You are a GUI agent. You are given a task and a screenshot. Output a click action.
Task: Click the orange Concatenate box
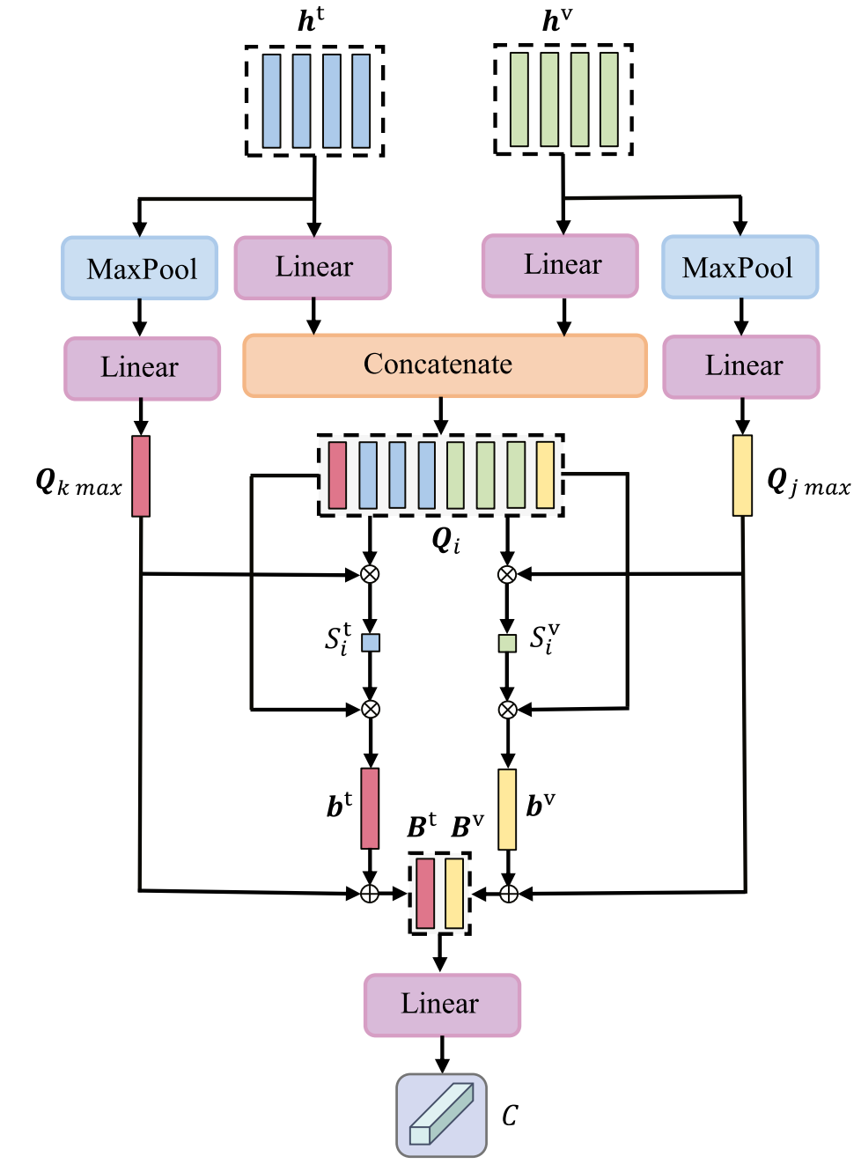445,365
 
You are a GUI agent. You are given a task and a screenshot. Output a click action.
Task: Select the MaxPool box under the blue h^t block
140,269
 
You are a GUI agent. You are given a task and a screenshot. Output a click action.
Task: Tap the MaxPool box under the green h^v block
740,267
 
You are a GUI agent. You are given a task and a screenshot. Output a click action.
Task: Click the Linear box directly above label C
442,1005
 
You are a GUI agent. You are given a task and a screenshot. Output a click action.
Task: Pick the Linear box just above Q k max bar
143,368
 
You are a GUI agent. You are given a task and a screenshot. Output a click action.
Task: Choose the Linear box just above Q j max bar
741,367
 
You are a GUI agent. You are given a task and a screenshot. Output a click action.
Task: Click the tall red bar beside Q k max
141,476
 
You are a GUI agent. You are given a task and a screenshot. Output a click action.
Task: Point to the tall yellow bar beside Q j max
742,475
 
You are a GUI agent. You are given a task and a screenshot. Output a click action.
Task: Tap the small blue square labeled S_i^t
371,643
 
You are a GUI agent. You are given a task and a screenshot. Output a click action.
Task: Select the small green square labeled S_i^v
507,644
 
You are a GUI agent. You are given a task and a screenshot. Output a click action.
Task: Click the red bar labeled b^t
370,808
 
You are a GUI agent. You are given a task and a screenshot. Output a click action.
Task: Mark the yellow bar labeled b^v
507,809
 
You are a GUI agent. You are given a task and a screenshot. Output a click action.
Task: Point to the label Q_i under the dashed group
446,540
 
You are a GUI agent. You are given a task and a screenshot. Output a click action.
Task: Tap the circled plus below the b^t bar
370,894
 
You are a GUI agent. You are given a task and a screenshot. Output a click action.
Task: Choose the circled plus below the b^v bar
509,894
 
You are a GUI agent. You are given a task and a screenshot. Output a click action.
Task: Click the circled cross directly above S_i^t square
370,574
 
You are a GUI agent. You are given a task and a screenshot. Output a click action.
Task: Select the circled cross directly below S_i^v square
507,710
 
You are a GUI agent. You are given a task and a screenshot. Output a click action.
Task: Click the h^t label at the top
311,20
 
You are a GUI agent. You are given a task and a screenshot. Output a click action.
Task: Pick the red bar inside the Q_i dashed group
337,475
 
